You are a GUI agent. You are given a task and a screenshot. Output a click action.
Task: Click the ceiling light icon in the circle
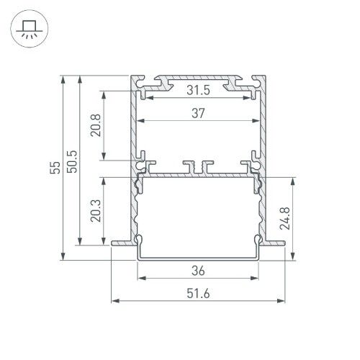[x=29, y=31]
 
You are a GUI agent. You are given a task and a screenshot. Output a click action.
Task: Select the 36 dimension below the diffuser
[x=199, y=271]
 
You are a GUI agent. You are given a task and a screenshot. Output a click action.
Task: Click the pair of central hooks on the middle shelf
[x=198, y=166]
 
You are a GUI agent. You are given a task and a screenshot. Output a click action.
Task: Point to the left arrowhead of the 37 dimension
[x=140, y=120]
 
